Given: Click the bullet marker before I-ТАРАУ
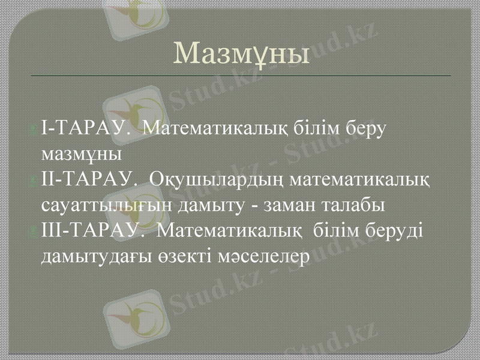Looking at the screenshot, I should tap(38, 129).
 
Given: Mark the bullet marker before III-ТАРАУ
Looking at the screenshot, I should tap(38, 232).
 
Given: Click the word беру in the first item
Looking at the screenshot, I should tap(364, 128).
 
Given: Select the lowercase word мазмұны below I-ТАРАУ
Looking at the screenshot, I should tap(82, 154).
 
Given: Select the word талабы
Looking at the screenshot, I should tap(355, 205).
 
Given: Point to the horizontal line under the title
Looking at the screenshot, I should tap(240, 76).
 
